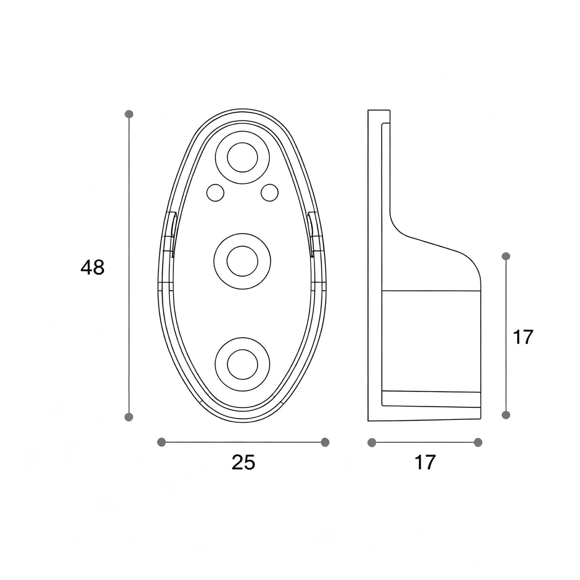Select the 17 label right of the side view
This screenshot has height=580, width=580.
(523, 337)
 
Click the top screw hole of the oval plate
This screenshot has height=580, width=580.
(242, 157)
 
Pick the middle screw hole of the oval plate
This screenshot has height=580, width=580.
(242, 261)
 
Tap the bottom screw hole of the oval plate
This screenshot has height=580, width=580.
(242, 364)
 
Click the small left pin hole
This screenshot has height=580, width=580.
(216, 193)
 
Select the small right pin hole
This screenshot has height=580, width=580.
(269, 193)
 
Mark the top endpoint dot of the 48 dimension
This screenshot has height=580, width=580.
(129, 114)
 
